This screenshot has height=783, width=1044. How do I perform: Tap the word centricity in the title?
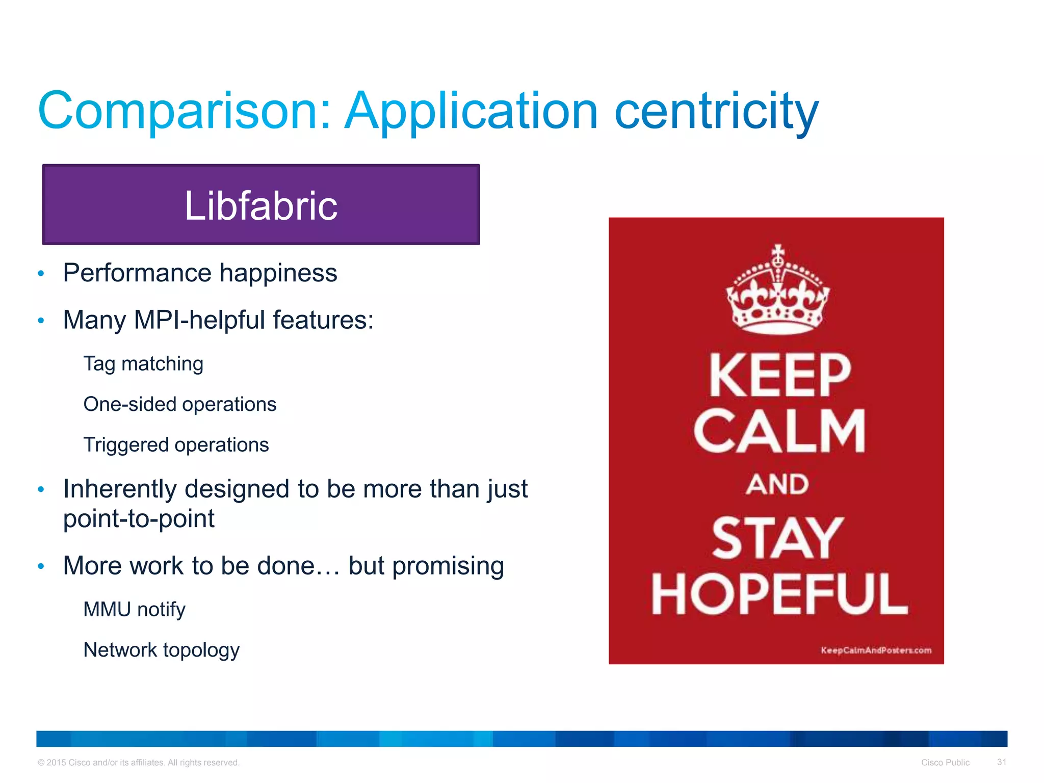(716, 111)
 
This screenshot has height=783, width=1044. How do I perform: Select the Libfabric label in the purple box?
(260, 205)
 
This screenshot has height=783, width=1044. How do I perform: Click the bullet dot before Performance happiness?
(41, 274)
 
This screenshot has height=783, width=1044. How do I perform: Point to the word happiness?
(278, 273)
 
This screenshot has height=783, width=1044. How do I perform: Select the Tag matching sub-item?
(143, 364)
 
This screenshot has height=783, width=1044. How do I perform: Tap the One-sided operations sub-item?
(179, 404)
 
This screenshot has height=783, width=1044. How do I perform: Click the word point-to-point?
(139, 519)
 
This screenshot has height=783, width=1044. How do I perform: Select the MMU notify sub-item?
(134, 610)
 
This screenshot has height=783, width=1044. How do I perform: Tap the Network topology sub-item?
(161, 650)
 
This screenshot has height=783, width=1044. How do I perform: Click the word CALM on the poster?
(778, 431)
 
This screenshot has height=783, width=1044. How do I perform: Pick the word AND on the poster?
(777, 484)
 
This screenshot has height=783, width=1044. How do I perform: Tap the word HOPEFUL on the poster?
(779, 594)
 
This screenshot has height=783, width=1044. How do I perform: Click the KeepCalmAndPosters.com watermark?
(876, 650)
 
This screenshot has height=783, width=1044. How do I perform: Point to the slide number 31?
(1001, 762)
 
